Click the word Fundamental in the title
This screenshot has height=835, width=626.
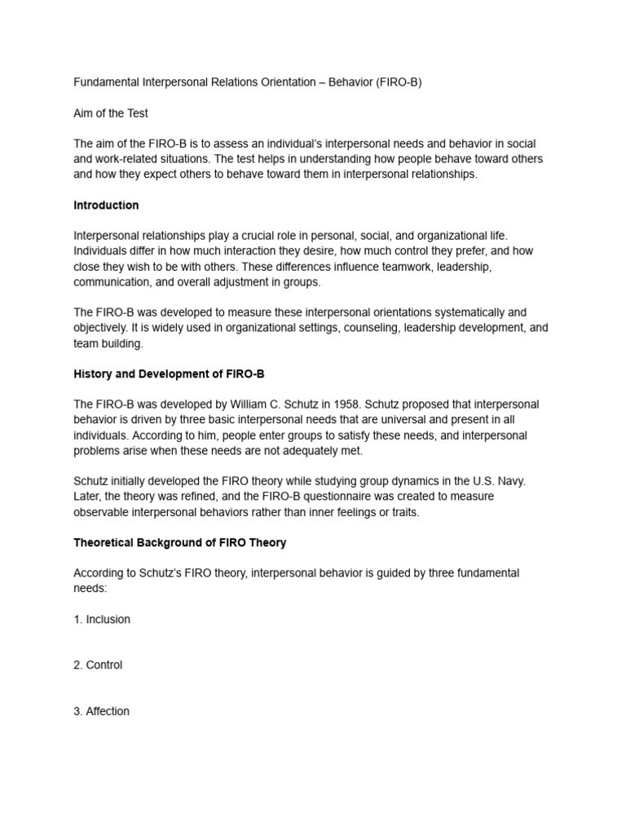(107, 82)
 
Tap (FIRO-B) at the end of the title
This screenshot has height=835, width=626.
(399, 82)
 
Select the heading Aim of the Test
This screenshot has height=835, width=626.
(111, 113)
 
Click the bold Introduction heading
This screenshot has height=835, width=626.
(106, 205)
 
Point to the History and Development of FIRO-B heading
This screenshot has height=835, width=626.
(169, 373)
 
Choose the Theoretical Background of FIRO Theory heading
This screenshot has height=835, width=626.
(179, 542)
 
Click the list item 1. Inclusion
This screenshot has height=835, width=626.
(102, 619)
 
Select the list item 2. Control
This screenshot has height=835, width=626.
(98, 665)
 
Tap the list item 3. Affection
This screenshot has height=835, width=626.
(101, 711)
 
